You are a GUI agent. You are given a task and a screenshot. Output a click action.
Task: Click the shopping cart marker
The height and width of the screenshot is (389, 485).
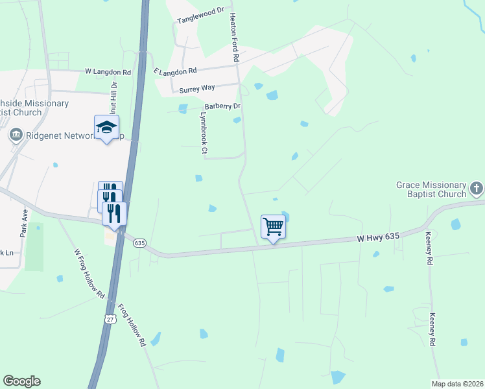[273, 227]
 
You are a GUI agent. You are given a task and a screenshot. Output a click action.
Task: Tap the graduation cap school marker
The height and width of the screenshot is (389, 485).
[107, 127]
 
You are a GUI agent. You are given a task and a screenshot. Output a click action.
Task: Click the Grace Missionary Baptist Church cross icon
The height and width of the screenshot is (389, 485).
[477, 189]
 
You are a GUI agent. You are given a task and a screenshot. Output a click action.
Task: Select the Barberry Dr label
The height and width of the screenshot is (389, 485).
[222, 106]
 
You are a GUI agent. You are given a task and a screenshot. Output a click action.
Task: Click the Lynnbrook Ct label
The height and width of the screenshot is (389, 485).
[204, 134]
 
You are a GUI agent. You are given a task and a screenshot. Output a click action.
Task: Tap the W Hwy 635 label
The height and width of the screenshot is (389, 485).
[378, 239]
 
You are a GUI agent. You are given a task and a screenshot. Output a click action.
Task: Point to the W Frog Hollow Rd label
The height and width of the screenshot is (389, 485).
[89, 274]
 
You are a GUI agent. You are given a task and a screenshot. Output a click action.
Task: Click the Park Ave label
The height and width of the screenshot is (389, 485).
[25, 222]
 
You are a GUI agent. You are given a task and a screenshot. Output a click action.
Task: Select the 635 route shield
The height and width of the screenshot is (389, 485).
[139, 242]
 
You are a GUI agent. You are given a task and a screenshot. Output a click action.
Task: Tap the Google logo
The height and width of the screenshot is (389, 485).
[21, 381]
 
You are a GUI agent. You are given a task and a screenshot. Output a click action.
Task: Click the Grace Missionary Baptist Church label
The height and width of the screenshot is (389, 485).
[431, 189]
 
